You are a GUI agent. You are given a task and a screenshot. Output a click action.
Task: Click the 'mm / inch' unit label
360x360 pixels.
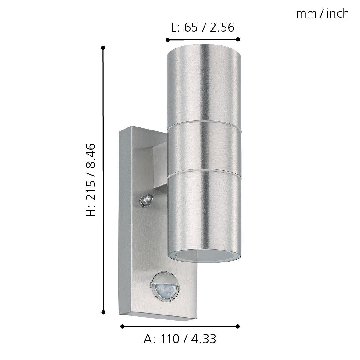pos(323,14)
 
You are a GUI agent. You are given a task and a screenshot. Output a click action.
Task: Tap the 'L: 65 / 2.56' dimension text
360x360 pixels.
pos(202,27)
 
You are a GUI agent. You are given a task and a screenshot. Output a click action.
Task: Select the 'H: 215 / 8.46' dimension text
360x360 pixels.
pos(91,180)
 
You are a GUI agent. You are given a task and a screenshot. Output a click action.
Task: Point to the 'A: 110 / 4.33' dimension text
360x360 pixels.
pos(180,339)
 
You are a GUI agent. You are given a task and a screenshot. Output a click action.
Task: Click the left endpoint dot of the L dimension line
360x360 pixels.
pos(167,40)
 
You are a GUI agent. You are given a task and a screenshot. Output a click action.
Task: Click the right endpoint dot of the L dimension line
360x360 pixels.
pos(238,39)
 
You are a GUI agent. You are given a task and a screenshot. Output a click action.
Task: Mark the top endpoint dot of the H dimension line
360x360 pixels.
pos(103,48)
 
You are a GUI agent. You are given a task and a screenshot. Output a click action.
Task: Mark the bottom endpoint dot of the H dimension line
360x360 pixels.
pos(103,312)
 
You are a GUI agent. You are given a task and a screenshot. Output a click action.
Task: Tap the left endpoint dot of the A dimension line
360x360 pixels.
pos(122,326)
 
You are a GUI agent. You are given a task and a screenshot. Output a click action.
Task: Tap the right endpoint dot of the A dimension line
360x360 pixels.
pos(238,326)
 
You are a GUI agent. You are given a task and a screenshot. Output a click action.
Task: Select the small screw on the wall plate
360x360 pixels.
pos(146,200)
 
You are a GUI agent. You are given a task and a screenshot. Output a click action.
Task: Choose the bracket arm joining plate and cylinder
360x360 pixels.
pos(160,166)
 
